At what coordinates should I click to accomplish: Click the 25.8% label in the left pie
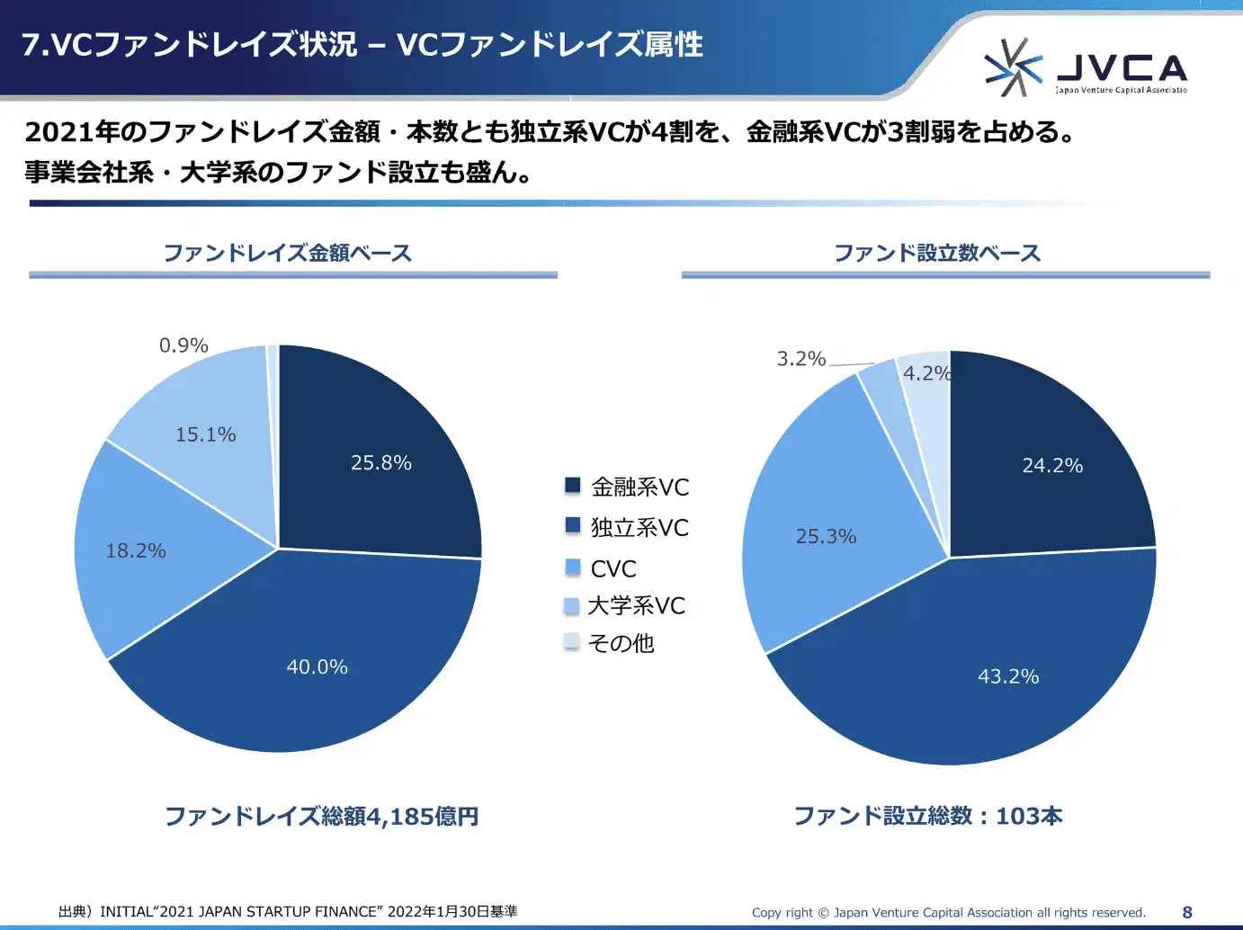381,463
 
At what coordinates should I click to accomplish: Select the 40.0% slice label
317,667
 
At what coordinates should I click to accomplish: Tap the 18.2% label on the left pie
136,551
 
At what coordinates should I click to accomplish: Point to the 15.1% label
205,435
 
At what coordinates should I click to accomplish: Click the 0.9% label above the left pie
183,345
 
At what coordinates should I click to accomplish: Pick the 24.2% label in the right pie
1052,466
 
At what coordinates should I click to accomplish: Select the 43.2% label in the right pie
1008,677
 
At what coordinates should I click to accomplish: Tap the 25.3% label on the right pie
826,537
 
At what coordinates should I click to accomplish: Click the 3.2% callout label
800,359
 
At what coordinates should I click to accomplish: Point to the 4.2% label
926,373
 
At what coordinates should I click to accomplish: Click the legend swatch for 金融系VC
573,486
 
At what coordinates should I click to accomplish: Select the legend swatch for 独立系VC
573,525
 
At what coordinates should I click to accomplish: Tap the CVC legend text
613,569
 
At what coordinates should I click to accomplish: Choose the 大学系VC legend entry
636,606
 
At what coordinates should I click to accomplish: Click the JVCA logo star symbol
1012,67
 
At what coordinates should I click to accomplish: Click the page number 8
1187,912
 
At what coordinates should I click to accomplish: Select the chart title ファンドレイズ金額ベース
288,253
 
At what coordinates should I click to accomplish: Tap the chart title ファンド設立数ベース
937,253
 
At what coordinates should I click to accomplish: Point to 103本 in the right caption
1029,817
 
